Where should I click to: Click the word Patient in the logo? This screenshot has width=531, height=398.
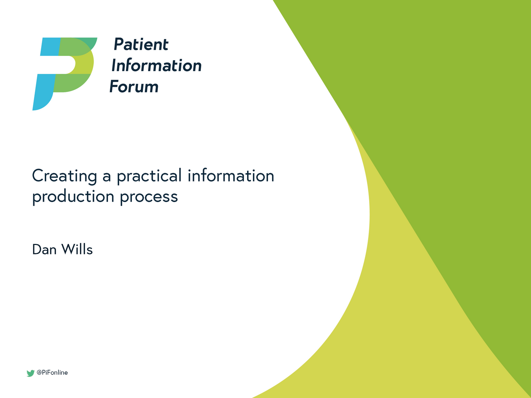coord(141,45)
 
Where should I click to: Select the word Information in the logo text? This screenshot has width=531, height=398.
coord(156,66)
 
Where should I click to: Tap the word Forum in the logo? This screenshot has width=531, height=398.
coord(134,87)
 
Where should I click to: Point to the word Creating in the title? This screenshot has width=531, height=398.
coord(64,176)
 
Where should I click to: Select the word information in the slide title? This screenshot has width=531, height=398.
coord(231,176)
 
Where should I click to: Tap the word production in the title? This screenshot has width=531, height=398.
coord(73,197)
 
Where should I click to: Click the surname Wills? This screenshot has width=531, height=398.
coord(77,250)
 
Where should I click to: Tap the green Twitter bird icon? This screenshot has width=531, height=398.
coord(30,373)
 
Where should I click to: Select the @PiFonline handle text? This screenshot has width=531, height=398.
coord(52,373)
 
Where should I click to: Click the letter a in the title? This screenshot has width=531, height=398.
coord(107,177)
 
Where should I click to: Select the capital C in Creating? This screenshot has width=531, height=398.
coord(38,176)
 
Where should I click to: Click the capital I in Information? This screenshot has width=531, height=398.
coord(114,66)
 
